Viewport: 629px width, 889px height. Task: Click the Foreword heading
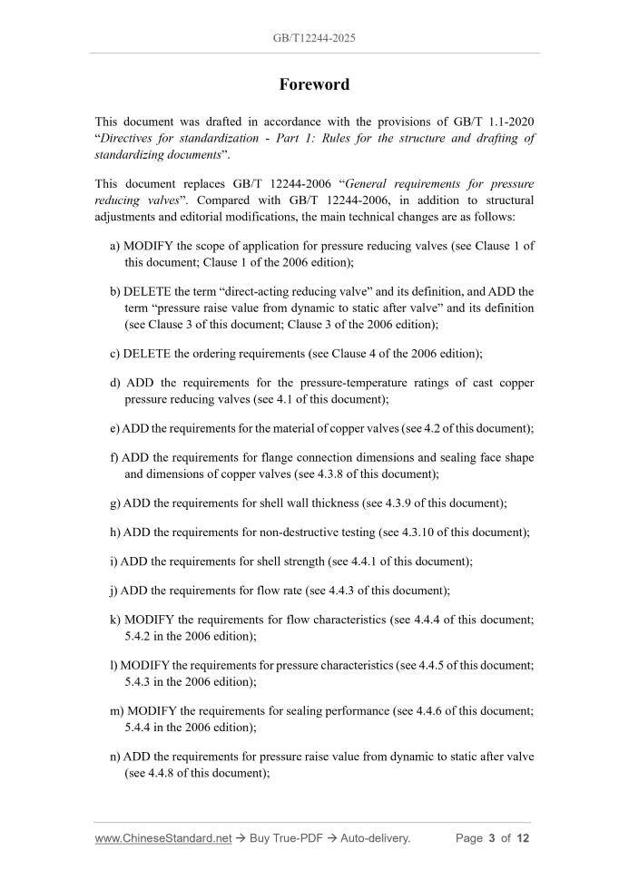point(314,84)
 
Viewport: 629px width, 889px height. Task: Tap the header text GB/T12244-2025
point(314,39)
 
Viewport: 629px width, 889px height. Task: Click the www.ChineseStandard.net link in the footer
point(163,838)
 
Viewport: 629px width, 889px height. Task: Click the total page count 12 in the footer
point(523,838)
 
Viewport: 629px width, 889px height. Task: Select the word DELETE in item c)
point(147,353)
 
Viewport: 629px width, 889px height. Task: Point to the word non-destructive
point(313,532)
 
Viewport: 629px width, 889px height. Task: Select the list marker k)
point(114,620)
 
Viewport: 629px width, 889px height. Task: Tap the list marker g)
point(114,503)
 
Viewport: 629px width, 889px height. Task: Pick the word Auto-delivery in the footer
point(376,838)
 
